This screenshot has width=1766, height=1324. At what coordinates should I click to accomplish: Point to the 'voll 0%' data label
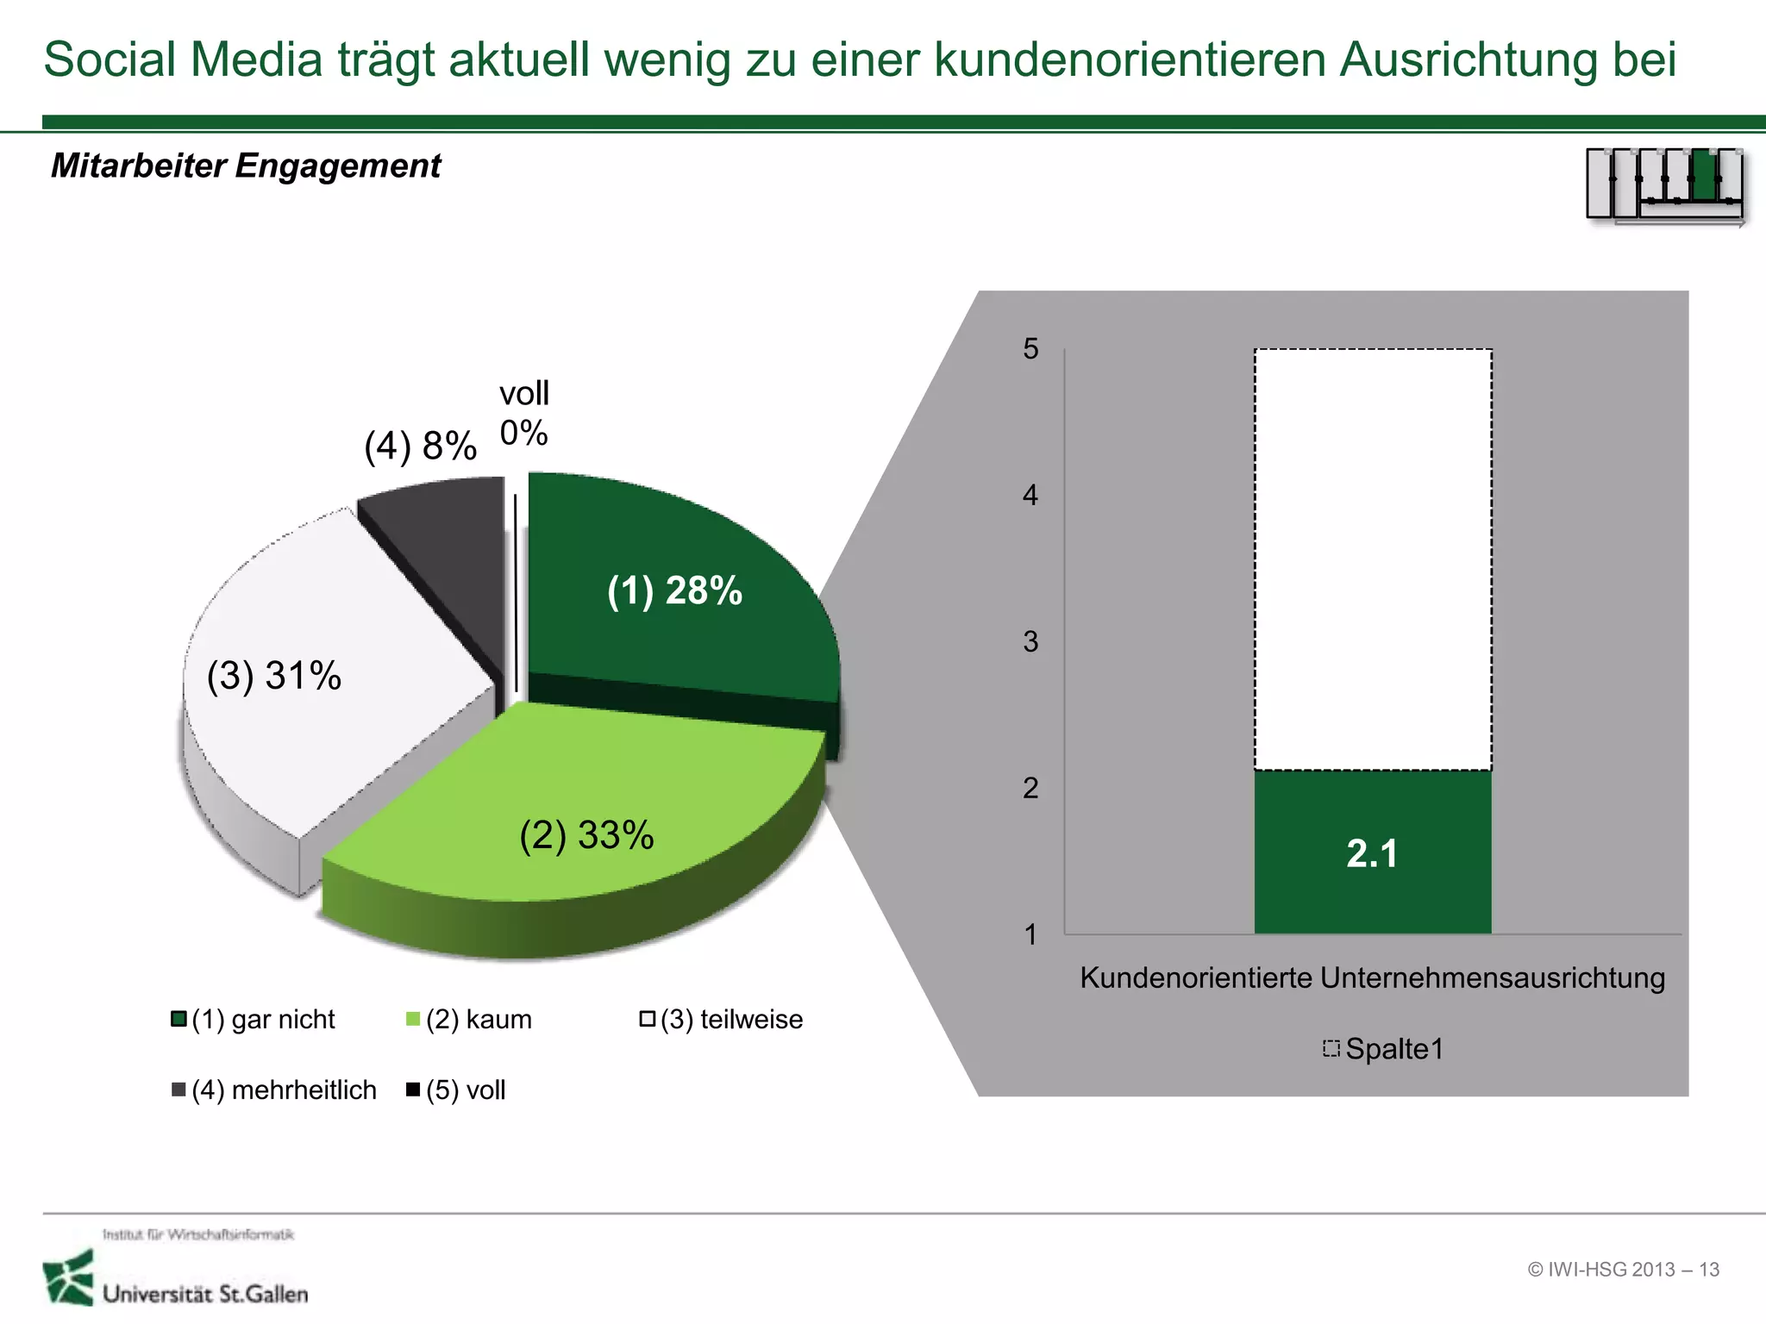[x=523, y=414]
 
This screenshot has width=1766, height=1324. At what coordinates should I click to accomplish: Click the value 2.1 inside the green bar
[x=1372, y=854]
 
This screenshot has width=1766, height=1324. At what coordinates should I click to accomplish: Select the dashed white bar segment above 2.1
[x=1372, y=560]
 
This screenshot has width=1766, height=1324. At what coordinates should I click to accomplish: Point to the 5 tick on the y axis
[x=1030, y=349]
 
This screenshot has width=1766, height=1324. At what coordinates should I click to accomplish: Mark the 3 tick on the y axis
[x=1030, y=642]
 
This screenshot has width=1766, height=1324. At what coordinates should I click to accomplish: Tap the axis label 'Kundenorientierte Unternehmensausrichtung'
[x=1372, y=978]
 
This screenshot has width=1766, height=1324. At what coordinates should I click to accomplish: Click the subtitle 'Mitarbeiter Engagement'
[x=246, y=165]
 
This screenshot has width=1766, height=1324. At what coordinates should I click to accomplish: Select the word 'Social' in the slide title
[x=110, y=60]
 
